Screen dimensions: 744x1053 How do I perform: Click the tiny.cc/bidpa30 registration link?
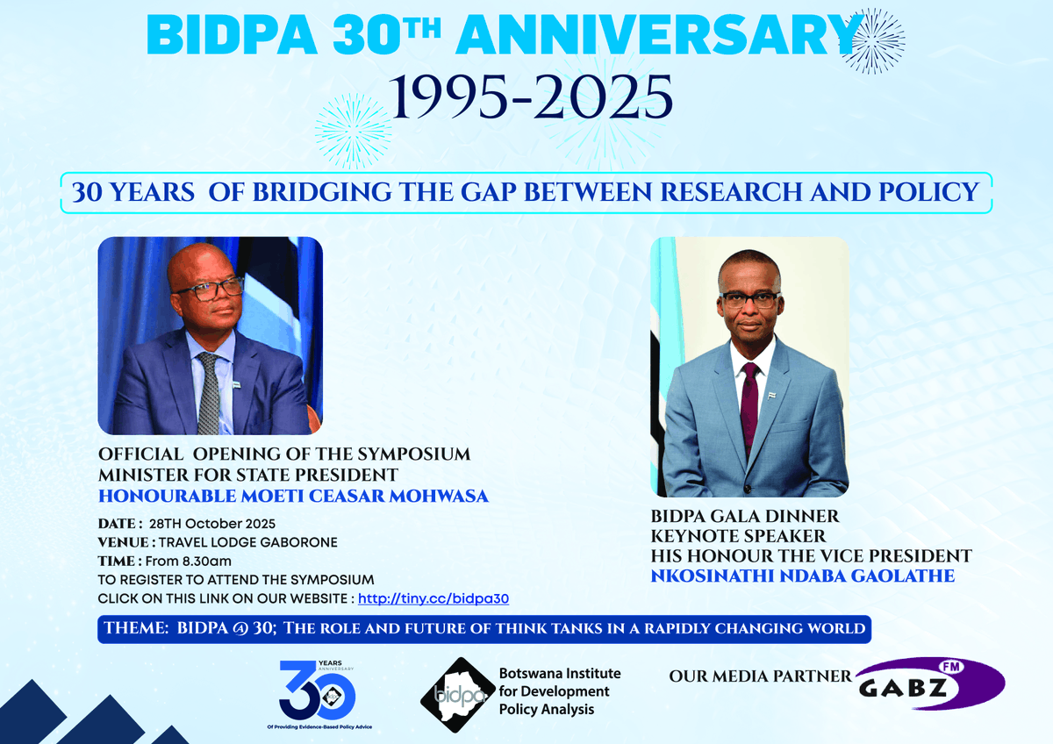[433, 598]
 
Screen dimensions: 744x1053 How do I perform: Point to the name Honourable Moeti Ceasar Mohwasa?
[293, 497]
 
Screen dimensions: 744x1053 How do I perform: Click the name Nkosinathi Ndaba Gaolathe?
[802, 576]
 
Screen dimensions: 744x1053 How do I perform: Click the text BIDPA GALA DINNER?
[745, 516]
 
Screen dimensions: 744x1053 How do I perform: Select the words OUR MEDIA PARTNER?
[760, 676]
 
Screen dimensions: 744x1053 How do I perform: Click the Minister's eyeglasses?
[208, 290]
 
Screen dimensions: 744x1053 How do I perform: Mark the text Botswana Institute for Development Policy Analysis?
[559, 691]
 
